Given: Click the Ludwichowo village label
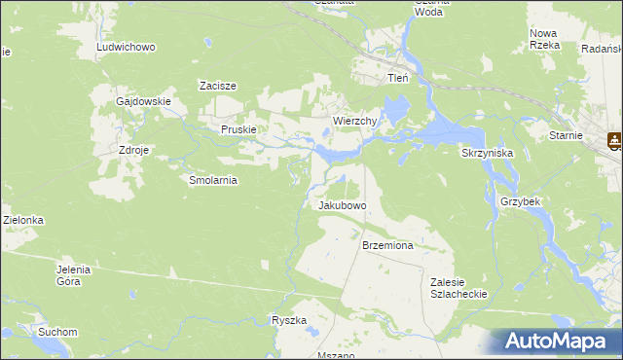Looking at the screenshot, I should pos(126,47).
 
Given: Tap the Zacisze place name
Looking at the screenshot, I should pos(218,86).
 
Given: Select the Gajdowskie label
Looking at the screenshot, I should pos(143,101).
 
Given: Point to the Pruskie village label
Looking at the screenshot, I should pos(238,129).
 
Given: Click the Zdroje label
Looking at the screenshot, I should pos(133,152).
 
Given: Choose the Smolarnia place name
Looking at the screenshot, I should pos(213,180).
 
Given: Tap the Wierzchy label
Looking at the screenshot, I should pos(354,121).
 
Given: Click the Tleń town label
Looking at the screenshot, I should pos(397,78).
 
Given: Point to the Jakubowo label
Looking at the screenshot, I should pos(342,206).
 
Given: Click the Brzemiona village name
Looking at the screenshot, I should pos(387,246).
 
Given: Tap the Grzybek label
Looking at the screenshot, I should pos(520,201).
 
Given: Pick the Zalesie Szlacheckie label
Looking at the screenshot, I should pos(458,287).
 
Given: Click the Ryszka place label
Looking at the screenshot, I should pos(290,320).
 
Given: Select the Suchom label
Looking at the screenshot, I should pos(57,332).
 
